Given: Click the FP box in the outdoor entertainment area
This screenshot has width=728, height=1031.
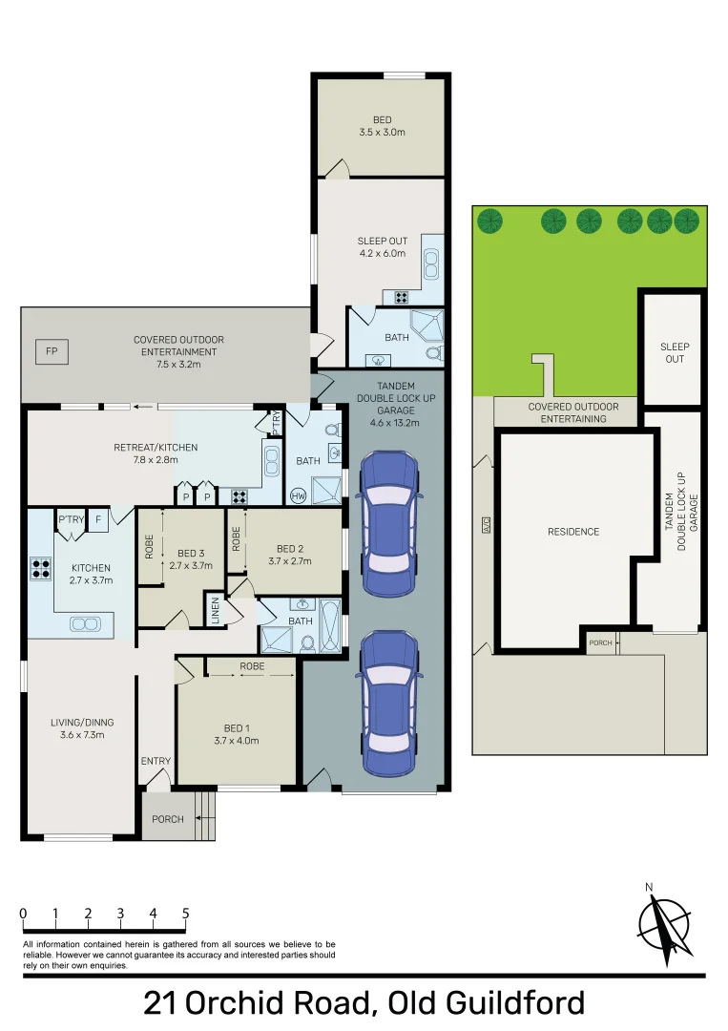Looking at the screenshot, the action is pos(52,351).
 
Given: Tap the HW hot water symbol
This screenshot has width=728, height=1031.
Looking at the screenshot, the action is pos(299,495).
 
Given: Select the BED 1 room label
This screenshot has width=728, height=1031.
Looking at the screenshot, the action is pos(237,727).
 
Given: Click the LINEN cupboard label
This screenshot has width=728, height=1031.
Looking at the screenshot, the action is pos(215,610).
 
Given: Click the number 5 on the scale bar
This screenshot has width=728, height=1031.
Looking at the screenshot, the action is pos(185,913).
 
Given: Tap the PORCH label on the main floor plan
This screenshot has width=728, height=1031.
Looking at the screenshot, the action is pos(168,819).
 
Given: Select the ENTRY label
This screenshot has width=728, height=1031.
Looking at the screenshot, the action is pos(156,761).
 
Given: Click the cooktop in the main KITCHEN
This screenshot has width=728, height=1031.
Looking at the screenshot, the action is pos(41,568).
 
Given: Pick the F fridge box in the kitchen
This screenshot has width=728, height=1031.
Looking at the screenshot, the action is pos(98,519).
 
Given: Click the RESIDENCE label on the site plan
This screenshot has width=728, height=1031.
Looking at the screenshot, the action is pos(573,532).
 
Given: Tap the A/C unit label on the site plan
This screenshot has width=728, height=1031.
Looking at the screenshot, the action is pos(487,525).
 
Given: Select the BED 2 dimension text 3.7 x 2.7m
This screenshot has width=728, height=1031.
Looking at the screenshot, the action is pos(290,561).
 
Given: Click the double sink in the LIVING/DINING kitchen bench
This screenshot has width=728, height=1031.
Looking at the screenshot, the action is pos(85,624).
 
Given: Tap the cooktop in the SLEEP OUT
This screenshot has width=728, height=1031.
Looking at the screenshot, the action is pos(402,297).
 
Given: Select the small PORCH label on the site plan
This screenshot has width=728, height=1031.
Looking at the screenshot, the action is pos(600,642).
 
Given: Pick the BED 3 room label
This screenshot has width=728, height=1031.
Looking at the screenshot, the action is pos(191,553).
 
